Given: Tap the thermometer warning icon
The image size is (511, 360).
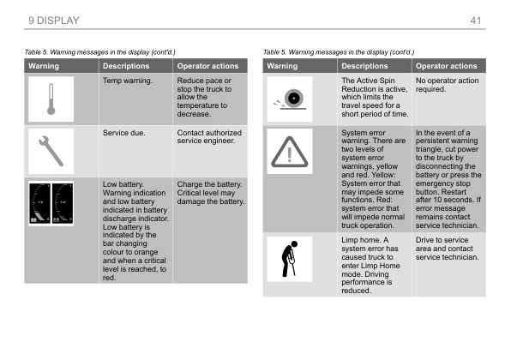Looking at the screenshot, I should pos(51,99).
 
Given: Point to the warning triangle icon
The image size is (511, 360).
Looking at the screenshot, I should pos(290,155).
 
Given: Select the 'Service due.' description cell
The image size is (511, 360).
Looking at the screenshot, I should pos(126,134).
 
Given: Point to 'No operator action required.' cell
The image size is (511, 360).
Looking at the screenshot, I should pos(446,84).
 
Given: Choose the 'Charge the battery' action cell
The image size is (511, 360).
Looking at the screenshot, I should pos(210,193).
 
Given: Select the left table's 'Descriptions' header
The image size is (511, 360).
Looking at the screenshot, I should pos(126,66).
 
